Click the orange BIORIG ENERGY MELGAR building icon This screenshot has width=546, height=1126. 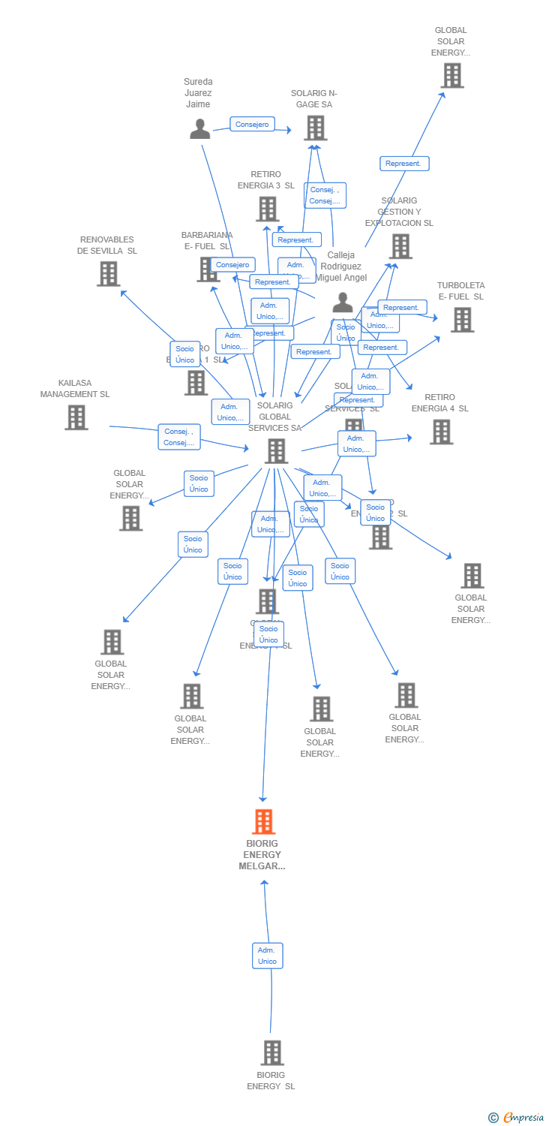263,822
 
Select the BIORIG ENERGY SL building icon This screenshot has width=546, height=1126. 272,1052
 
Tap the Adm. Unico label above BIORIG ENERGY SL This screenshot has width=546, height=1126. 267,956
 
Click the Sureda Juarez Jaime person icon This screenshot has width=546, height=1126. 199,129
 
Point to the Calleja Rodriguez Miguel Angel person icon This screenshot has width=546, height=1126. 343,303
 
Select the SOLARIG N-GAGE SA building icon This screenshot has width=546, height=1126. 315,128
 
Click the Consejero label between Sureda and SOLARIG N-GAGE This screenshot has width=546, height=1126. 252,125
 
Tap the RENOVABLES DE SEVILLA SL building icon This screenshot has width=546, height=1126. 109,274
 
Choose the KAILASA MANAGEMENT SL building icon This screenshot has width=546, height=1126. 76,417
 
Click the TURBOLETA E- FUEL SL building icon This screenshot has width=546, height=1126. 462,320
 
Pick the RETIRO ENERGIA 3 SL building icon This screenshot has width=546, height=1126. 268,209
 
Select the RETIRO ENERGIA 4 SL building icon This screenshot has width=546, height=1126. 441,432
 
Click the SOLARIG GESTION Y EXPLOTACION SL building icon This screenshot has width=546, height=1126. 400,246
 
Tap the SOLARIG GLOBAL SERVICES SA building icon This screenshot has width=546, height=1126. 276,451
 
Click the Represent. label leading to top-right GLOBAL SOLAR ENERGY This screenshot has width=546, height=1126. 404,164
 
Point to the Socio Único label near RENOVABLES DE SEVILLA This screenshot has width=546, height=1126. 184,354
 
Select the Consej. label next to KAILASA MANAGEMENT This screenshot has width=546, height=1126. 179,437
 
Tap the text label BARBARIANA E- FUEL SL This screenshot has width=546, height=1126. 207,240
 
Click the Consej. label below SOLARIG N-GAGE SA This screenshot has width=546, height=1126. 325,195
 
